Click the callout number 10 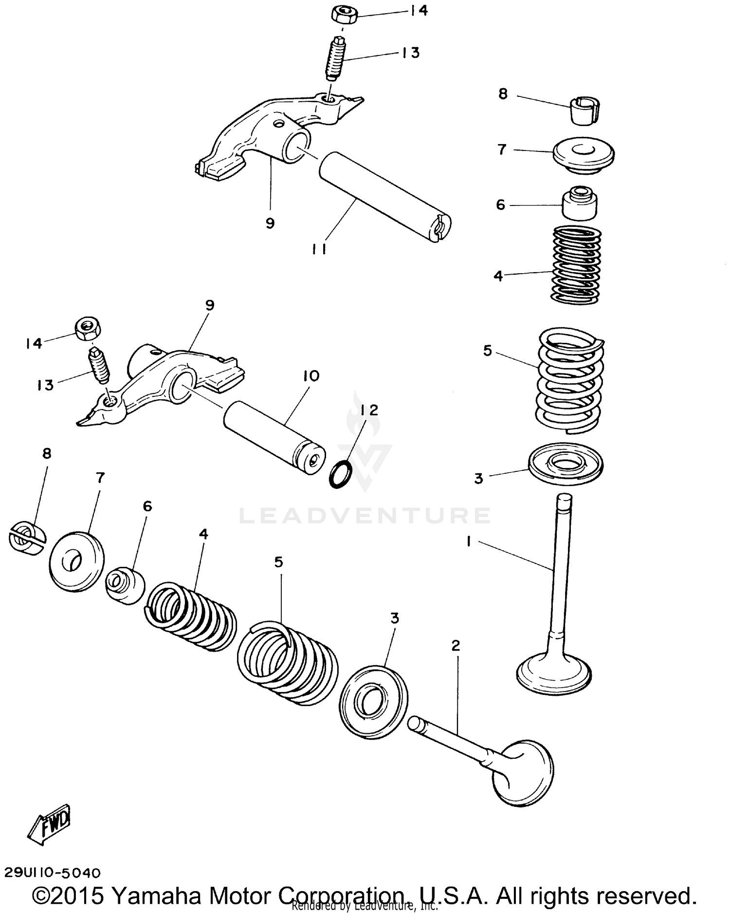click(x=311, y=376)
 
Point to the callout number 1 click(x=469, y=541)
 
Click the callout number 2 click(x=456, y=646)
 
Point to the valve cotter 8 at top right click(x=584, y=111)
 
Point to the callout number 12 click(x=369, y=410)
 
